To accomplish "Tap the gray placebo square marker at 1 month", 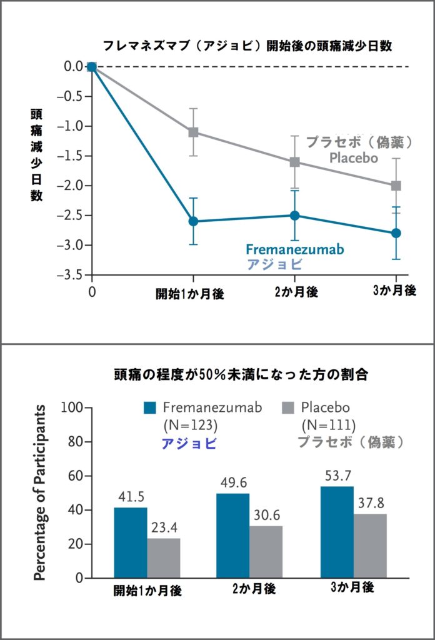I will pyautogui.click(x=193, y=132).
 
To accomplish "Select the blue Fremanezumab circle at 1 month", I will pyautogui.click(x=193, y=221).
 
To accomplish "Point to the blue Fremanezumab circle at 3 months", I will pyautogui.click(x=396, y=233).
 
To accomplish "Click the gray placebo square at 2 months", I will pyautogui.click(x=294, y=162).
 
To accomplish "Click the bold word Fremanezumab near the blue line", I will pyautogui.click(x=294, y=248).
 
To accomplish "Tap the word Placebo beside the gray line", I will pyautogui.click(x=354, y=158).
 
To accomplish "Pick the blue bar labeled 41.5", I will pyautogui.click(x=131, y=542).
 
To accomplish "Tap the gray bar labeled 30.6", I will pyautogui.click(x=266, y=552).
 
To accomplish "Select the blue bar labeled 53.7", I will pyautogui.click(x=336, y=532).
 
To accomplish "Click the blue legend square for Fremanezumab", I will pyautogui.click(x=150, y=408).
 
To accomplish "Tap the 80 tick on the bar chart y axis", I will pyautogui.click(x=76, y=442).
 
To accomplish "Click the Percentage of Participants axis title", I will pyautogui.click(x=40, y=492).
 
